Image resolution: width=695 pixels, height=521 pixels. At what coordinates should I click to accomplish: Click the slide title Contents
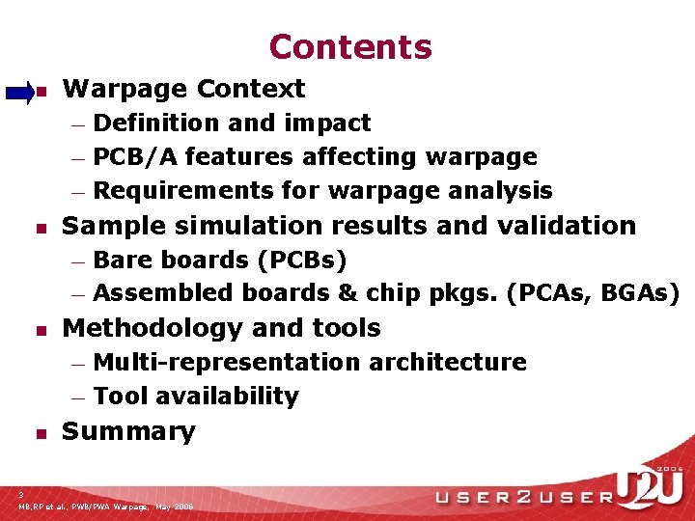[350, 46]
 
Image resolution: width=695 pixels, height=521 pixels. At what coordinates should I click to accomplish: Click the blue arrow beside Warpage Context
[19, 93]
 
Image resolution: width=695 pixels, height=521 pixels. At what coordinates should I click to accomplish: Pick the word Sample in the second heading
[106, 226]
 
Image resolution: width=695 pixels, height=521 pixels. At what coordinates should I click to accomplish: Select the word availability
[228, 397]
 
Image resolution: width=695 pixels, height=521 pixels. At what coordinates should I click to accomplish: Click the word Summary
[128, 431]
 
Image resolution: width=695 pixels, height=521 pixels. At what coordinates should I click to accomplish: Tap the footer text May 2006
[174, 507]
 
